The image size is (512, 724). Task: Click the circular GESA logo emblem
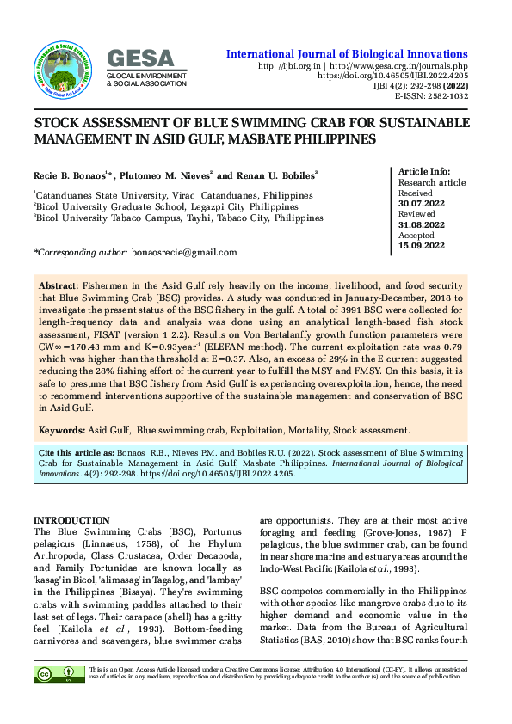point(67,67)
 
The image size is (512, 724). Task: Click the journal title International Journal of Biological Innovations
point(347,53)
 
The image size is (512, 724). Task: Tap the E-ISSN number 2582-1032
point(446,97)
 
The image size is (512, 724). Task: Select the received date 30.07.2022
point(422,205)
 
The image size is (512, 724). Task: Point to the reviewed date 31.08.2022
point(422,225)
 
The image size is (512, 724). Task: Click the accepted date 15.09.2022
point(422,246)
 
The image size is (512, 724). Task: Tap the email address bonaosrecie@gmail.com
point(184,252)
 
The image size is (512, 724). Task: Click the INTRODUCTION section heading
point(71,520)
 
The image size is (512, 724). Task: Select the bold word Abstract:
point(59,284)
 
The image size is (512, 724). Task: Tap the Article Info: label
point(426,172)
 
